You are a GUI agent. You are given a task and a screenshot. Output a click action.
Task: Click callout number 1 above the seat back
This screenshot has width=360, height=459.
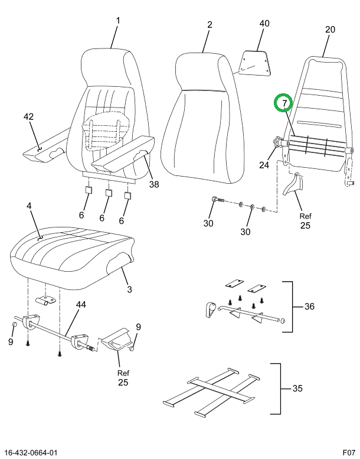pyautogui.click(x=117, y=21)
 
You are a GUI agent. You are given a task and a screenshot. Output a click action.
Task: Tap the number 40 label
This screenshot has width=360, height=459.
pyautogui.click(x=264, y=24)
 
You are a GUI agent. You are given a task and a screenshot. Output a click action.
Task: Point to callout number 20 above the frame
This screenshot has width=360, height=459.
pyautogui.click(x=330, y=30)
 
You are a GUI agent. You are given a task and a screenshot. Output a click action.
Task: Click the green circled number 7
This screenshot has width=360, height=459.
pyautogui.click(x=284, y=103)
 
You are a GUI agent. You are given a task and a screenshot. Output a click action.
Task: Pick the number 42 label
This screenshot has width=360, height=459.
pyautogui.click(x=28, y=116)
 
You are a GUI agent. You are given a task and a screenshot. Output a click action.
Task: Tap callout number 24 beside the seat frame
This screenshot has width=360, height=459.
pyautogui.click(x=264, y=165)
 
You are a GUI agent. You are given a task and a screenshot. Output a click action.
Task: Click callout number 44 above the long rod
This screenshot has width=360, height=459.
pyautogui.click(x=81, y=304)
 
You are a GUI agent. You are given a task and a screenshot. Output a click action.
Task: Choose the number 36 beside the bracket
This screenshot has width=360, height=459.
pyautogui.click(x=310, y=306)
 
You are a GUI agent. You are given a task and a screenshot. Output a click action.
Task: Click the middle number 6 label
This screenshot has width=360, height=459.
pyautogui.click(x=102, y=218)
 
